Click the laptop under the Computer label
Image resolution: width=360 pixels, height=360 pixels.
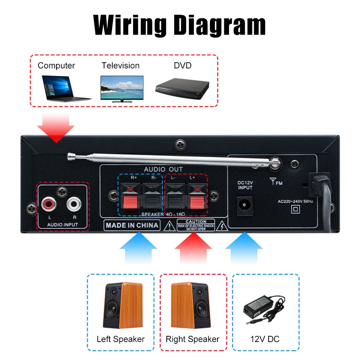pos(65,87)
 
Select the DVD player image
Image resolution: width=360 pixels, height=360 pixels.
pos(182,87)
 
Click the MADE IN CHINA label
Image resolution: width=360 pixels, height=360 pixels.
pos(132,225)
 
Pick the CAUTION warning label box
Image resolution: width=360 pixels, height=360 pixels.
pos(196,225)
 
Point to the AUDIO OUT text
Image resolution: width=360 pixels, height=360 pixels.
pos(163,169)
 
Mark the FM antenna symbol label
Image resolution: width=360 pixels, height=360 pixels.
pos(277,182)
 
